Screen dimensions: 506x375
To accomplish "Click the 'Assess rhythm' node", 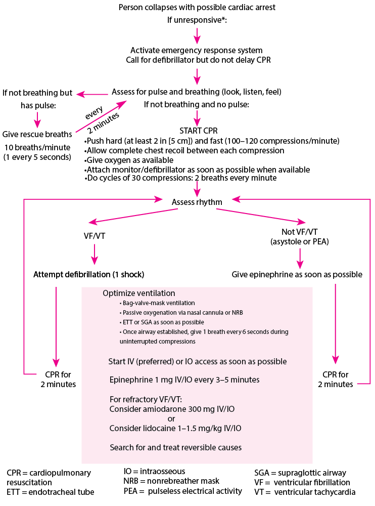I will point(197,202).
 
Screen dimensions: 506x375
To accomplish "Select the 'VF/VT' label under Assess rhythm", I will point(95,235).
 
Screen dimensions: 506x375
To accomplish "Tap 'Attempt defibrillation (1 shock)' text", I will point(89,275).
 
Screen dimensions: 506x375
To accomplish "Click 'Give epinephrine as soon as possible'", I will point(297,275).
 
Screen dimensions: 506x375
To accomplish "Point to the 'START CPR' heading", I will point(199,131).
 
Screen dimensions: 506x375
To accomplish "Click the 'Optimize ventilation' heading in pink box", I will point(139,293).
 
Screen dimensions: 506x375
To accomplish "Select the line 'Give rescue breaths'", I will point(37,135).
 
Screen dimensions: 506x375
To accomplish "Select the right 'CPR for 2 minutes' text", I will point(335,379).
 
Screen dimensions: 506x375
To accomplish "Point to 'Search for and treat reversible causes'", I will point(175,447).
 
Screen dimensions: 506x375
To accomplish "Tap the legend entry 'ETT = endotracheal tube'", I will point(51,492).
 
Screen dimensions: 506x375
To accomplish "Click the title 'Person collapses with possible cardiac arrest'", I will point(197,8).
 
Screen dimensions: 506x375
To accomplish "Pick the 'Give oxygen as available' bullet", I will point(127,160).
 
